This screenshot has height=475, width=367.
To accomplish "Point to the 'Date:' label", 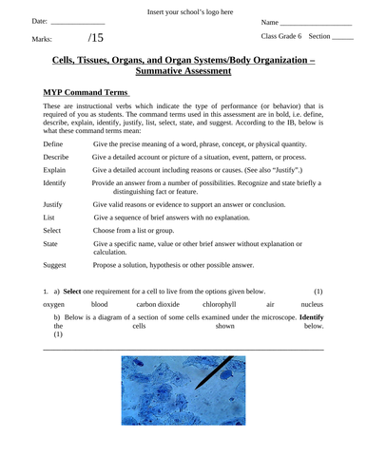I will (x=39, y=21).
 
